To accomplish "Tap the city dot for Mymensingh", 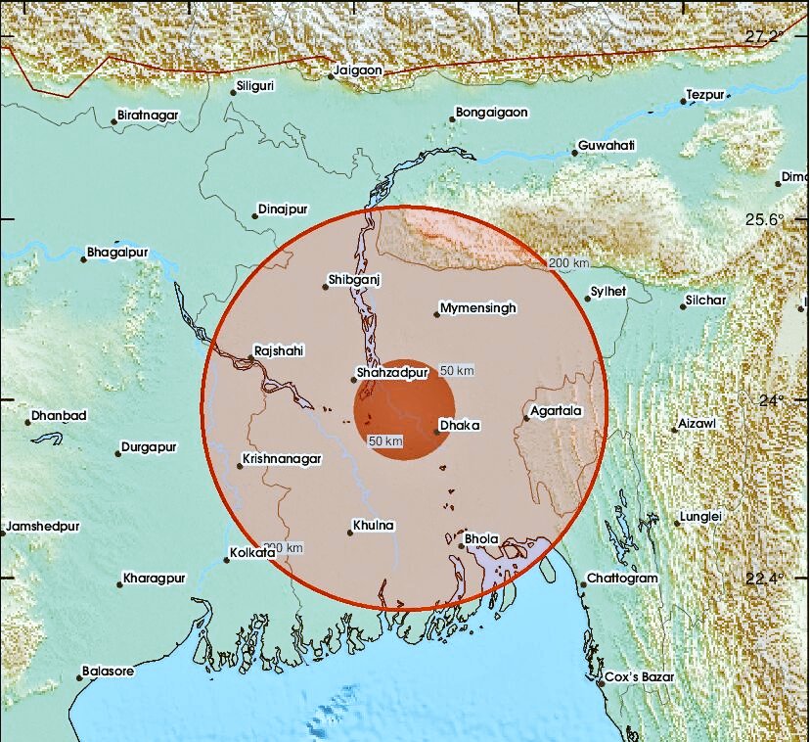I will [436, 313].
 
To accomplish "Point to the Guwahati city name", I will [607, 146].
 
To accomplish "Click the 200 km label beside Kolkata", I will [284, 547].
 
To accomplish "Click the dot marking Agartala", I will [526, 418].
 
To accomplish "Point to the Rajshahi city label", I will [279, 349].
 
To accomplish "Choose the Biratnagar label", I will [148, 116].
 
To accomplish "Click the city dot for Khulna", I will [350, 533].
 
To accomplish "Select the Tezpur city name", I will [705, 94].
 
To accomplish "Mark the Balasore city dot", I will [79, 677].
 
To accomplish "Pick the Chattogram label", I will [623, 579].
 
